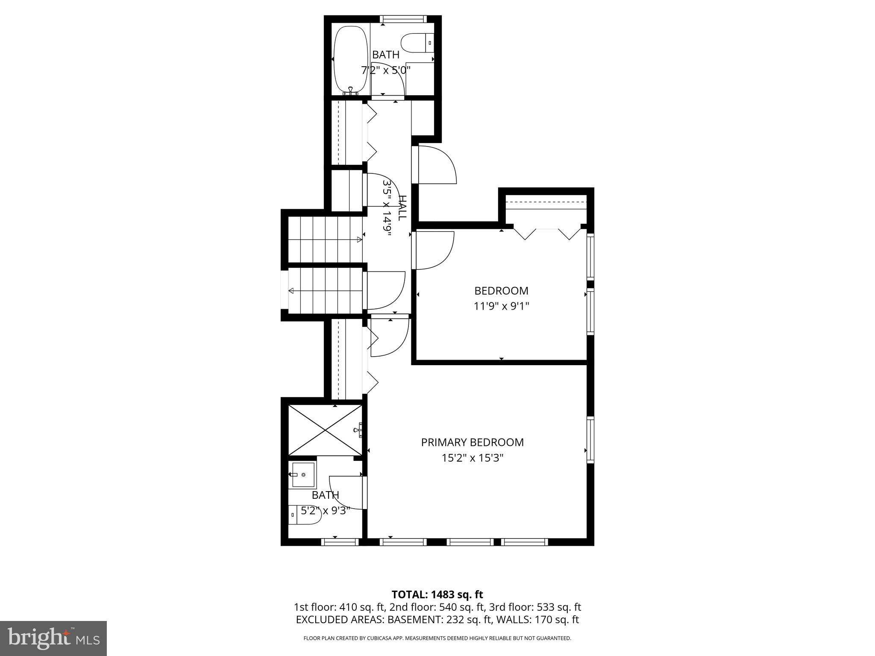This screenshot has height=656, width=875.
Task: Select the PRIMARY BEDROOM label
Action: pos(472,442)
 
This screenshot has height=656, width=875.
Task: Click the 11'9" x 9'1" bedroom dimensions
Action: pos(501,306)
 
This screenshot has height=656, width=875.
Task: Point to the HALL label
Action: pos(402,208)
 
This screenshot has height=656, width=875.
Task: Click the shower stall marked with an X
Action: pos(325,430)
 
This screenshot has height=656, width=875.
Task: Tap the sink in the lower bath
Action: pos(302,474)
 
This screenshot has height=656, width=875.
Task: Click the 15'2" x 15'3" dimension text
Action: pos(472,458)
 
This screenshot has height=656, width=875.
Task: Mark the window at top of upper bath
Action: pos(403,19)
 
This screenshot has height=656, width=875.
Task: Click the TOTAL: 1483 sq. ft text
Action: pos(437,594)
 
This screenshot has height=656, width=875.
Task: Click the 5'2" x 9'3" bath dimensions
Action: pos(326,510)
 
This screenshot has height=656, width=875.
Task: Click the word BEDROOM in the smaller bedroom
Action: pos(501,291)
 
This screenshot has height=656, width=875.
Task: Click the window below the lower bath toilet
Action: pos(340,542)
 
